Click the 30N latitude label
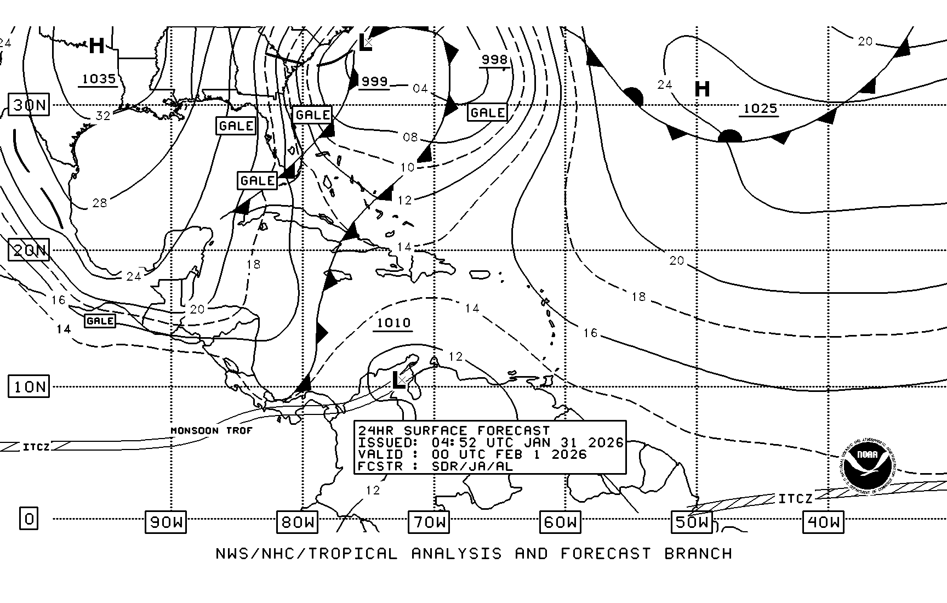click(29, 104)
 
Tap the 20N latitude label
click(29, 251)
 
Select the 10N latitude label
click(29, 387)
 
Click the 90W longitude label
click(166, 522)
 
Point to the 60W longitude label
click(560, 522)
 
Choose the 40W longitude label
click(823, 522)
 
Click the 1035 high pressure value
click(99, 79)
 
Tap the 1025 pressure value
click(760, 108)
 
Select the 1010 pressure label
click(393, 323)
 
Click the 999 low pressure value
click(375, 81)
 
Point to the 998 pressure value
click(494, 59)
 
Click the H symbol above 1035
click(96, 45)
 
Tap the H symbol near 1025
click(702, 89)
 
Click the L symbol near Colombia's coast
click(398, 380)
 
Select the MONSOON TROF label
click(212, 431)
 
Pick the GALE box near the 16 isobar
click(100, 321)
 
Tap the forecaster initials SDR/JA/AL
click(472, 467)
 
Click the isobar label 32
click(103, 115)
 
